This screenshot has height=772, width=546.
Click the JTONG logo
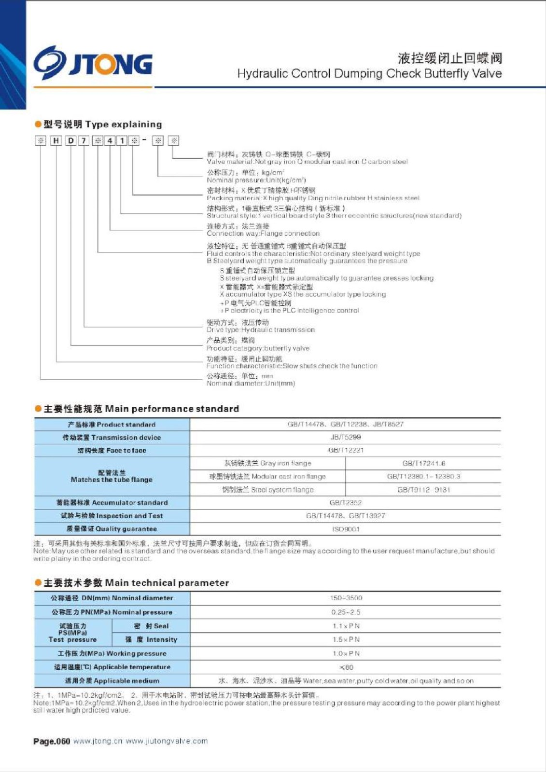[93, 63]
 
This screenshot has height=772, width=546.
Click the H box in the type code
[56, 140]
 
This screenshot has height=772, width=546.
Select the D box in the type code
[70, 140]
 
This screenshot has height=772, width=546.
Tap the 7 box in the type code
[84, 140]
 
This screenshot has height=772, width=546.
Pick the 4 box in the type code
[110, 140]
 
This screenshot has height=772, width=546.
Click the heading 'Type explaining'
[102, 124]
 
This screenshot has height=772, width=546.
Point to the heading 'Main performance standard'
[141, 409]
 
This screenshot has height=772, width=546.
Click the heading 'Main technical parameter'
[136, 583]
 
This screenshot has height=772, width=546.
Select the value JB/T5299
[345, 437]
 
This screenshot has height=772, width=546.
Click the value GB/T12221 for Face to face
[345, 450]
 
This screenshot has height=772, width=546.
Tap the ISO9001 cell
[345, 529]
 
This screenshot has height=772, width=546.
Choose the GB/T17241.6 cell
[423, 463]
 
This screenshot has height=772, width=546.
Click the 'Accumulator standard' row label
[112, 503]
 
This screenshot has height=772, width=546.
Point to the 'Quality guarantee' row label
[112, 529]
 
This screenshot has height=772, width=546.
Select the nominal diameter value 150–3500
[346, 598]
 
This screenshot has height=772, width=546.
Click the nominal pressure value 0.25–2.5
[346, 612]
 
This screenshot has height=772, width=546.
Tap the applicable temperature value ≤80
[346, 667]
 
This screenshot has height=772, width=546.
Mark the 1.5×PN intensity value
[346, 640]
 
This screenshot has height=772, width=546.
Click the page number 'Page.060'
[52, 742]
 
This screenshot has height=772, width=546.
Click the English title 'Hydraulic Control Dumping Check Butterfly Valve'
[369, 74]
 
